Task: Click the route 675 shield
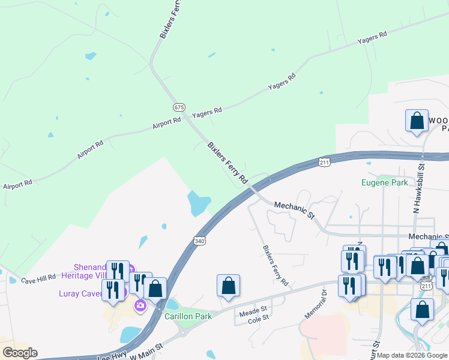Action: click(x=179, y=107)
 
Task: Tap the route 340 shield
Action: click(x=199, y=241)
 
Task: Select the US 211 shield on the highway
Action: click(x=325, y=163)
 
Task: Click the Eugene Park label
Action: click(x=384, y=182)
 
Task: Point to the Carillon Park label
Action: click(x=188, y=316)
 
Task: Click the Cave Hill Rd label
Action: click(x=38, y=280)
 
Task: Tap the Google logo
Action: click(x=20, y=353)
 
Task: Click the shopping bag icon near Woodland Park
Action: click(x=417, y=121)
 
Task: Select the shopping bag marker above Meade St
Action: click(x=228, y=286)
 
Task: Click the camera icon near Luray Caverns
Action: click(x=140, y=305)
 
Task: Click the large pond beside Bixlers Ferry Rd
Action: click(x=199, y=203)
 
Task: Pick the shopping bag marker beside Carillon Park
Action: click(x=155, y=289)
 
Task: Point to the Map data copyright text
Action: click(x=412, y=355)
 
